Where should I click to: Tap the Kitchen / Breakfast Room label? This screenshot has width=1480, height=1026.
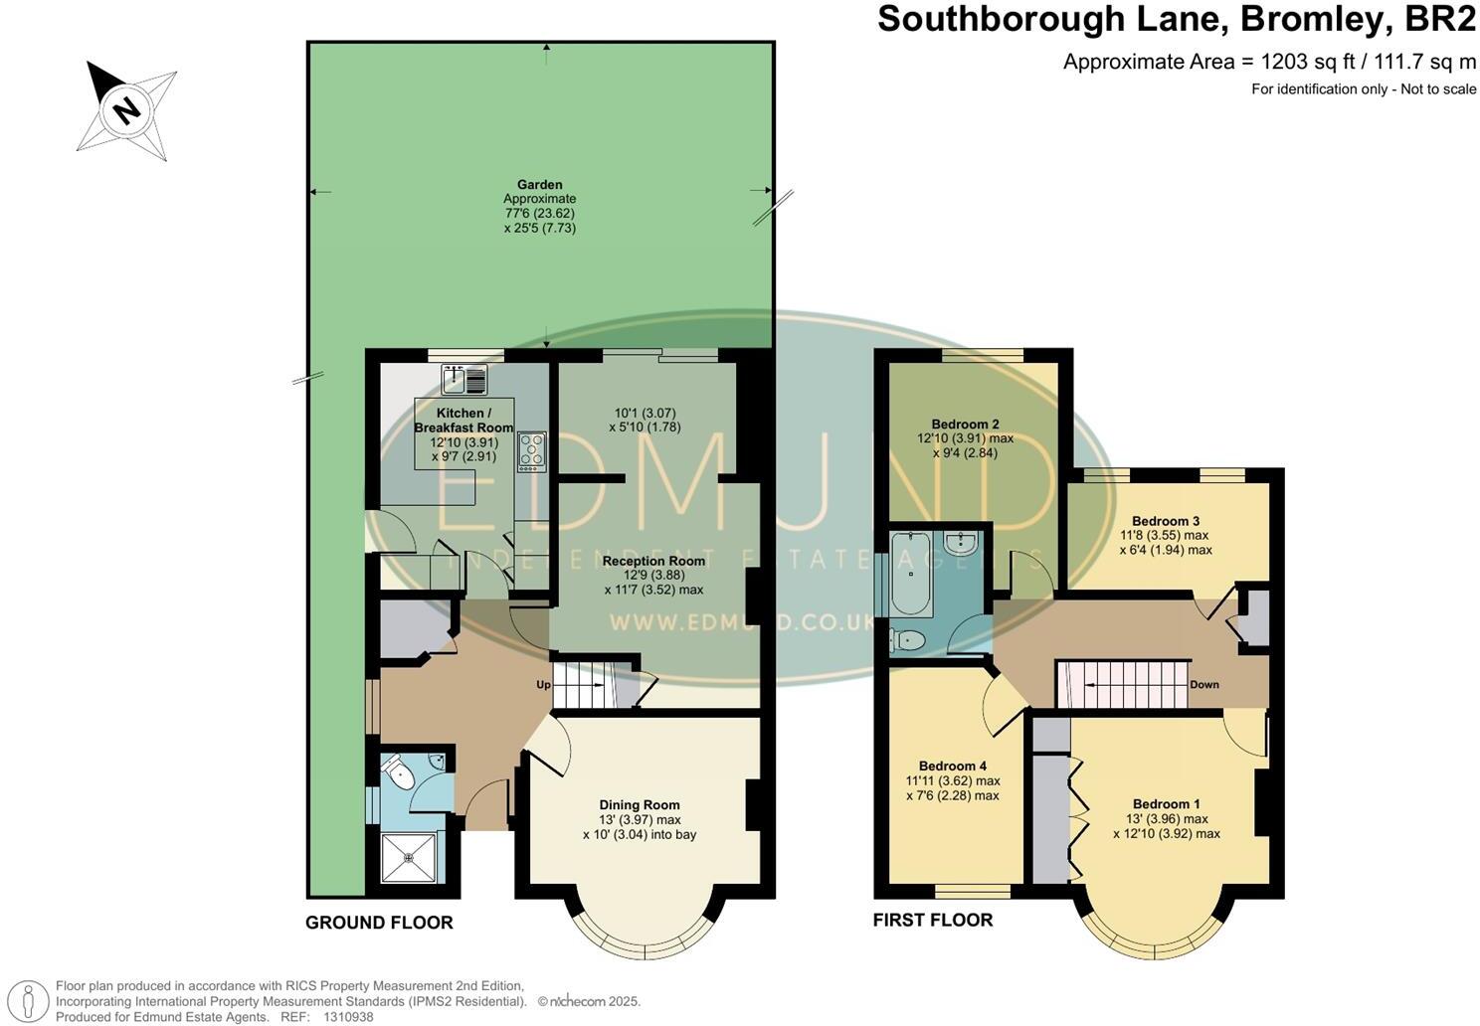click(463, 420)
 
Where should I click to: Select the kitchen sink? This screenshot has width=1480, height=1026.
click(464, 380)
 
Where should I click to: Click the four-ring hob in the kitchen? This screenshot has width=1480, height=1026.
click(532, 450)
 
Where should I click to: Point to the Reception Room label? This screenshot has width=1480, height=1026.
click(653, 561)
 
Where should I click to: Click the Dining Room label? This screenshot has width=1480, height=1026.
click(640, 805)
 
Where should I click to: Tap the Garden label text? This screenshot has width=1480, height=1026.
click(540, 185)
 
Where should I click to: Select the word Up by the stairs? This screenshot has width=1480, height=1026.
click(544, 685)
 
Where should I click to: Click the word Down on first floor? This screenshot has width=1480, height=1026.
click(1203, 684)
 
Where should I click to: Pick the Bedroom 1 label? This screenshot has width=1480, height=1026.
click(1166, 803)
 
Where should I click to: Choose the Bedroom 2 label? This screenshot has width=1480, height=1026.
click(965, 424)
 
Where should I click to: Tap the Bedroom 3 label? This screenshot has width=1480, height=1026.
click(1166, 521)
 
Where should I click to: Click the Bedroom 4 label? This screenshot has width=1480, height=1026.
click(953, 766)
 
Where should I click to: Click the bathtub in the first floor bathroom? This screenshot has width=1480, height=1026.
click(910, 574)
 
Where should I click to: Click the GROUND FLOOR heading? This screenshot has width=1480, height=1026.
click(379, 923)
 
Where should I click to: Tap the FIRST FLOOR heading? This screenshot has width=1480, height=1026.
click(933, 920)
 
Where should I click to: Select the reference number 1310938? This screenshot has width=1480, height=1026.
click(346, 1017)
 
